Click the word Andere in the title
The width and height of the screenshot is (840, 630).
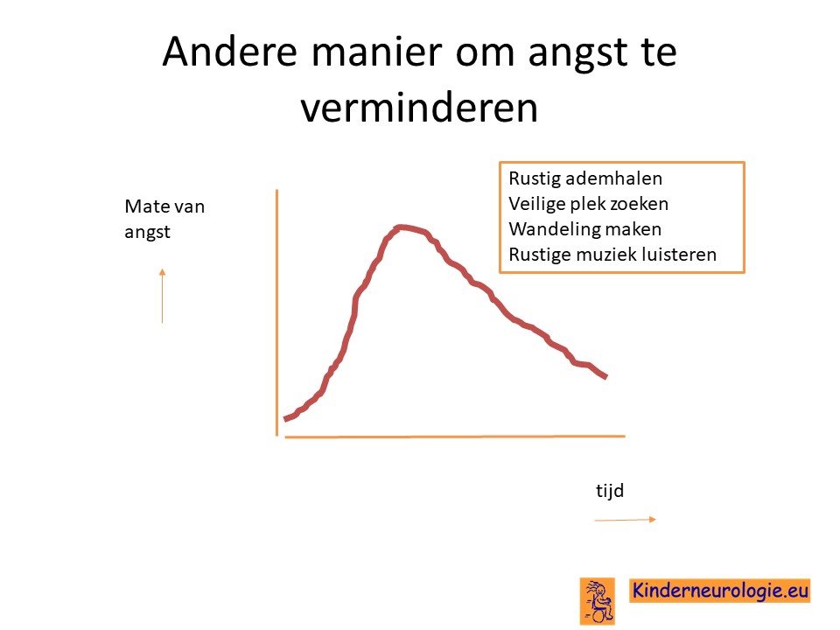tap(229, 52)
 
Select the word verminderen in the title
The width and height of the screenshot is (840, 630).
tap(419, 108)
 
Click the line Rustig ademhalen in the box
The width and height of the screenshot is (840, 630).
tap(585, 178)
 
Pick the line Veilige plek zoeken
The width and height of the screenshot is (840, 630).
tap(589, 204)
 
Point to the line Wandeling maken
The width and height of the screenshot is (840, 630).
tap(585, 228)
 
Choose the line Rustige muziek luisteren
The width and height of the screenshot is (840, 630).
tap(612, 254)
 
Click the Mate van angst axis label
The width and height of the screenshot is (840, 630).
tap(164, 219)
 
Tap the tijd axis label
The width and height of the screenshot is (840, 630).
tap(610, 490)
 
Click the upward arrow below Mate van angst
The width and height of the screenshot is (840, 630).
tap(163, 297)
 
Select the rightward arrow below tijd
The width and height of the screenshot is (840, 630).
tap(625, 519)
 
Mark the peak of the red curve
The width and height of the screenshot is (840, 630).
tap(400, 227)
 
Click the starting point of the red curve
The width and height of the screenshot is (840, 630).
tap(284, 419)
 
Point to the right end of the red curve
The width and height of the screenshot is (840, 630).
tap(606, 377)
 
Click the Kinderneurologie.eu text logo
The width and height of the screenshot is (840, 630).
tap(719, 591)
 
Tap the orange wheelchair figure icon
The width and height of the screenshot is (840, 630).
tap(598, 601)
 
